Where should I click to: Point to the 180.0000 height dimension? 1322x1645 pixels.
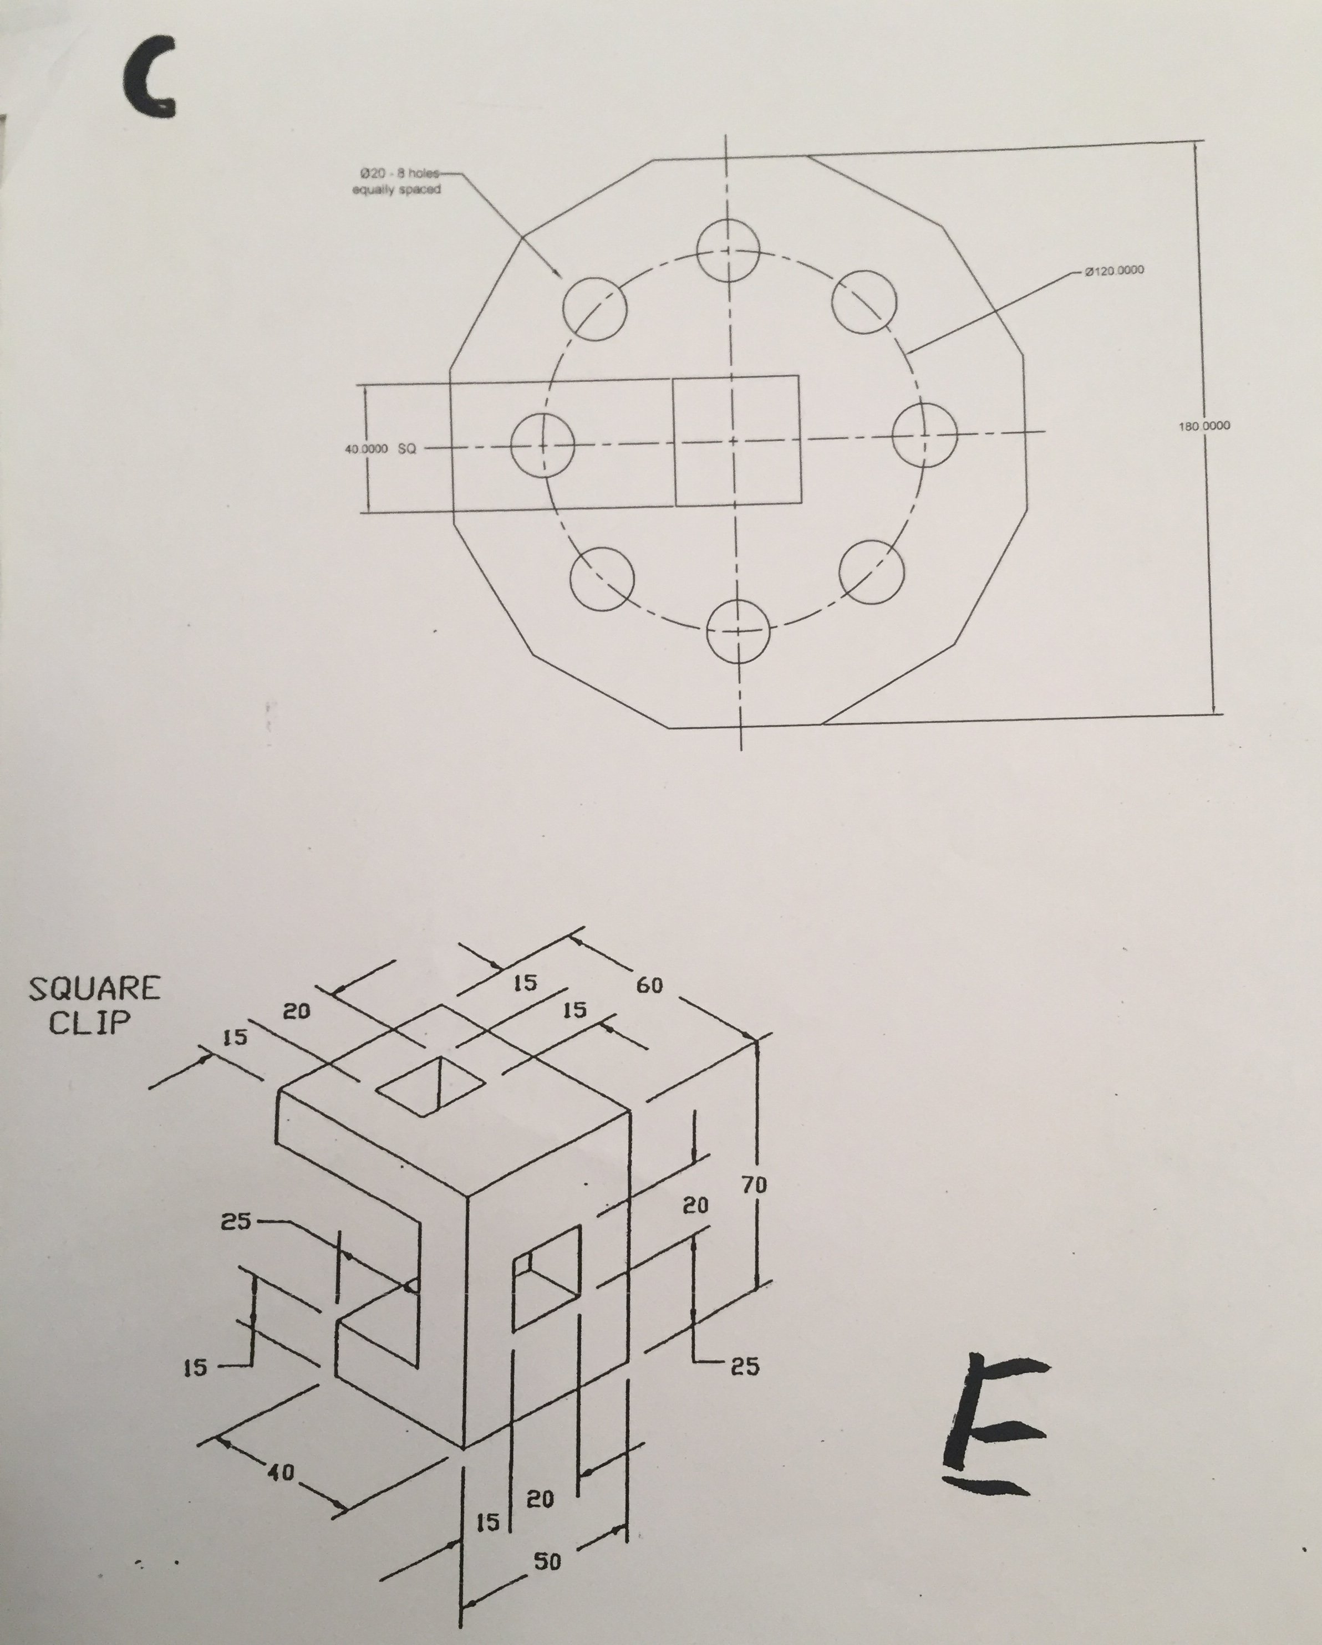pos(1204,426)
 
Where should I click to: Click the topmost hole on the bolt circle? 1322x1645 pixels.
pos(728,251)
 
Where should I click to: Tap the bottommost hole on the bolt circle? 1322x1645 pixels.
pos(738,630)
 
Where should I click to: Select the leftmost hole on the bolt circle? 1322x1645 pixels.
pos(542,445)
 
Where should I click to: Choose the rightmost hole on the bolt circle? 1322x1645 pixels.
pos(923,434)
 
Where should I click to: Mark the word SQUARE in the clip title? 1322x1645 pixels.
pos(95,989)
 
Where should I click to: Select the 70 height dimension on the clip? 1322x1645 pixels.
pos(754,1185)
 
